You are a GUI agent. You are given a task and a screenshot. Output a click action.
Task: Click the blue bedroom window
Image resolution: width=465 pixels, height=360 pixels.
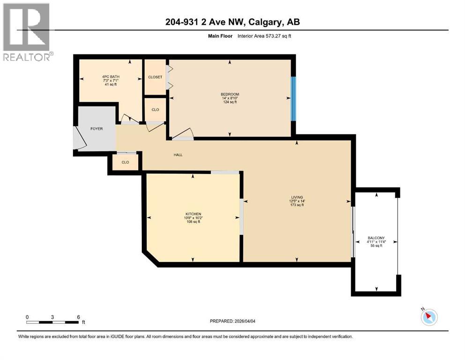[294, 98]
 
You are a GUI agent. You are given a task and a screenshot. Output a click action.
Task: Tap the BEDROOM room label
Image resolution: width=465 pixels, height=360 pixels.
[230, 94]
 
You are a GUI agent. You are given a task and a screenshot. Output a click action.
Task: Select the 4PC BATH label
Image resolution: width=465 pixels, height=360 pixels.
[111, 76]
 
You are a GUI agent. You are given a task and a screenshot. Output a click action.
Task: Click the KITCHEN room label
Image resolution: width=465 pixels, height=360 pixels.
[192, 214]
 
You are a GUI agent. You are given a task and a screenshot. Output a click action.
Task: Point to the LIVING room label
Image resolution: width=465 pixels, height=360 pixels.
[296, 197]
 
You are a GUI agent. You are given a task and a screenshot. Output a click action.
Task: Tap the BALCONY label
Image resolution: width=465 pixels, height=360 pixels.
[376, 238]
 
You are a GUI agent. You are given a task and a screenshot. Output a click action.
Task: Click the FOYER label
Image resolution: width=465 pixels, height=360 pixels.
[96, 128]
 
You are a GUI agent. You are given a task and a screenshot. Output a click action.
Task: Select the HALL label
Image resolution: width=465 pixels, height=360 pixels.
[177, 155]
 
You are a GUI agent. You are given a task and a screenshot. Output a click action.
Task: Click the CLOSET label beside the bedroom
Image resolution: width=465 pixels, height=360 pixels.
[155, 77]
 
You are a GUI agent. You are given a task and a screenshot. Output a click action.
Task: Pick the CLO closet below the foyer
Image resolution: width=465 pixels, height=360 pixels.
[125, 162]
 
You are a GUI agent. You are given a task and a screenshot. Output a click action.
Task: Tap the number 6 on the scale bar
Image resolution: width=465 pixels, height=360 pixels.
[78, 317]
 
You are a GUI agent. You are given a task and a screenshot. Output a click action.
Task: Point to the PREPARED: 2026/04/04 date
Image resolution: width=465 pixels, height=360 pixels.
[232, 322]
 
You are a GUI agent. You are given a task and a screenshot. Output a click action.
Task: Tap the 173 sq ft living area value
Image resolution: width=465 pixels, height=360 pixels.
[296, 205]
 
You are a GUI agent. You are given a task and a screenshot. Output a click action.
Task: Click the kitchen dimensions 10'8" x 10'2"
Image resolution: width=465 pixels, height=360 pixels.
[192, 217]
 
